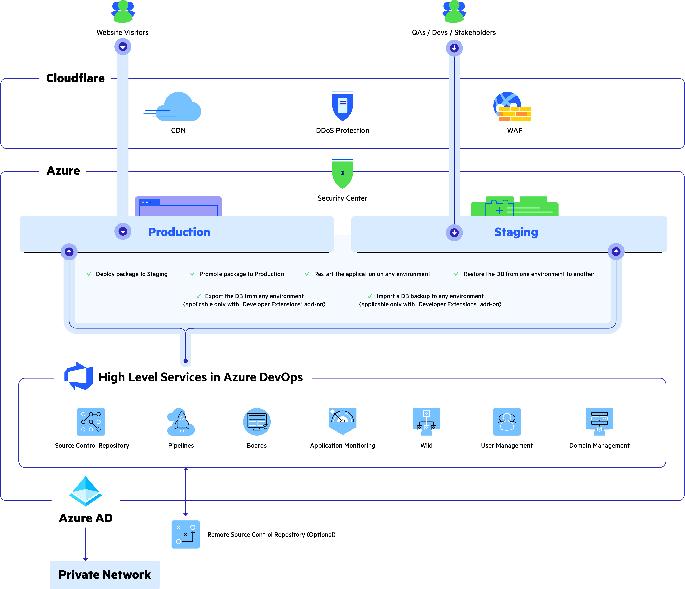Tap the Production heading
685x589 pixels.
click(x=179, y=232)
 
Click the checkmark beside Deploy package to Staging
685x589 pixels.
click(x=89, y=274)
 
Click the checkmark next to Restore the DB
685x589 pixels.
click(x=456, y=274)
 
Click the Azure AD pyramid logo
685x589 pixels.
click(x=86, y=491)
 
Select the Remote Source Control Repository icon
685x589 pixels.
click(x=185, y=534)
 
